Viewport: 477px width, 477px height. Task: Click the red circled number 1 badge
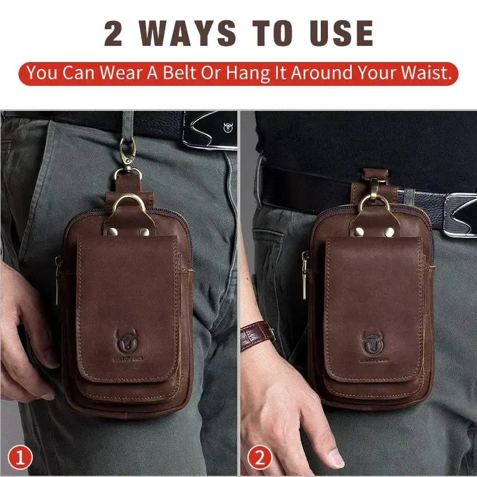point(22,458)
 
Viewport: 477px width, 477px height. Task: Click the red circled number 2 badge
point(261,458)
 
